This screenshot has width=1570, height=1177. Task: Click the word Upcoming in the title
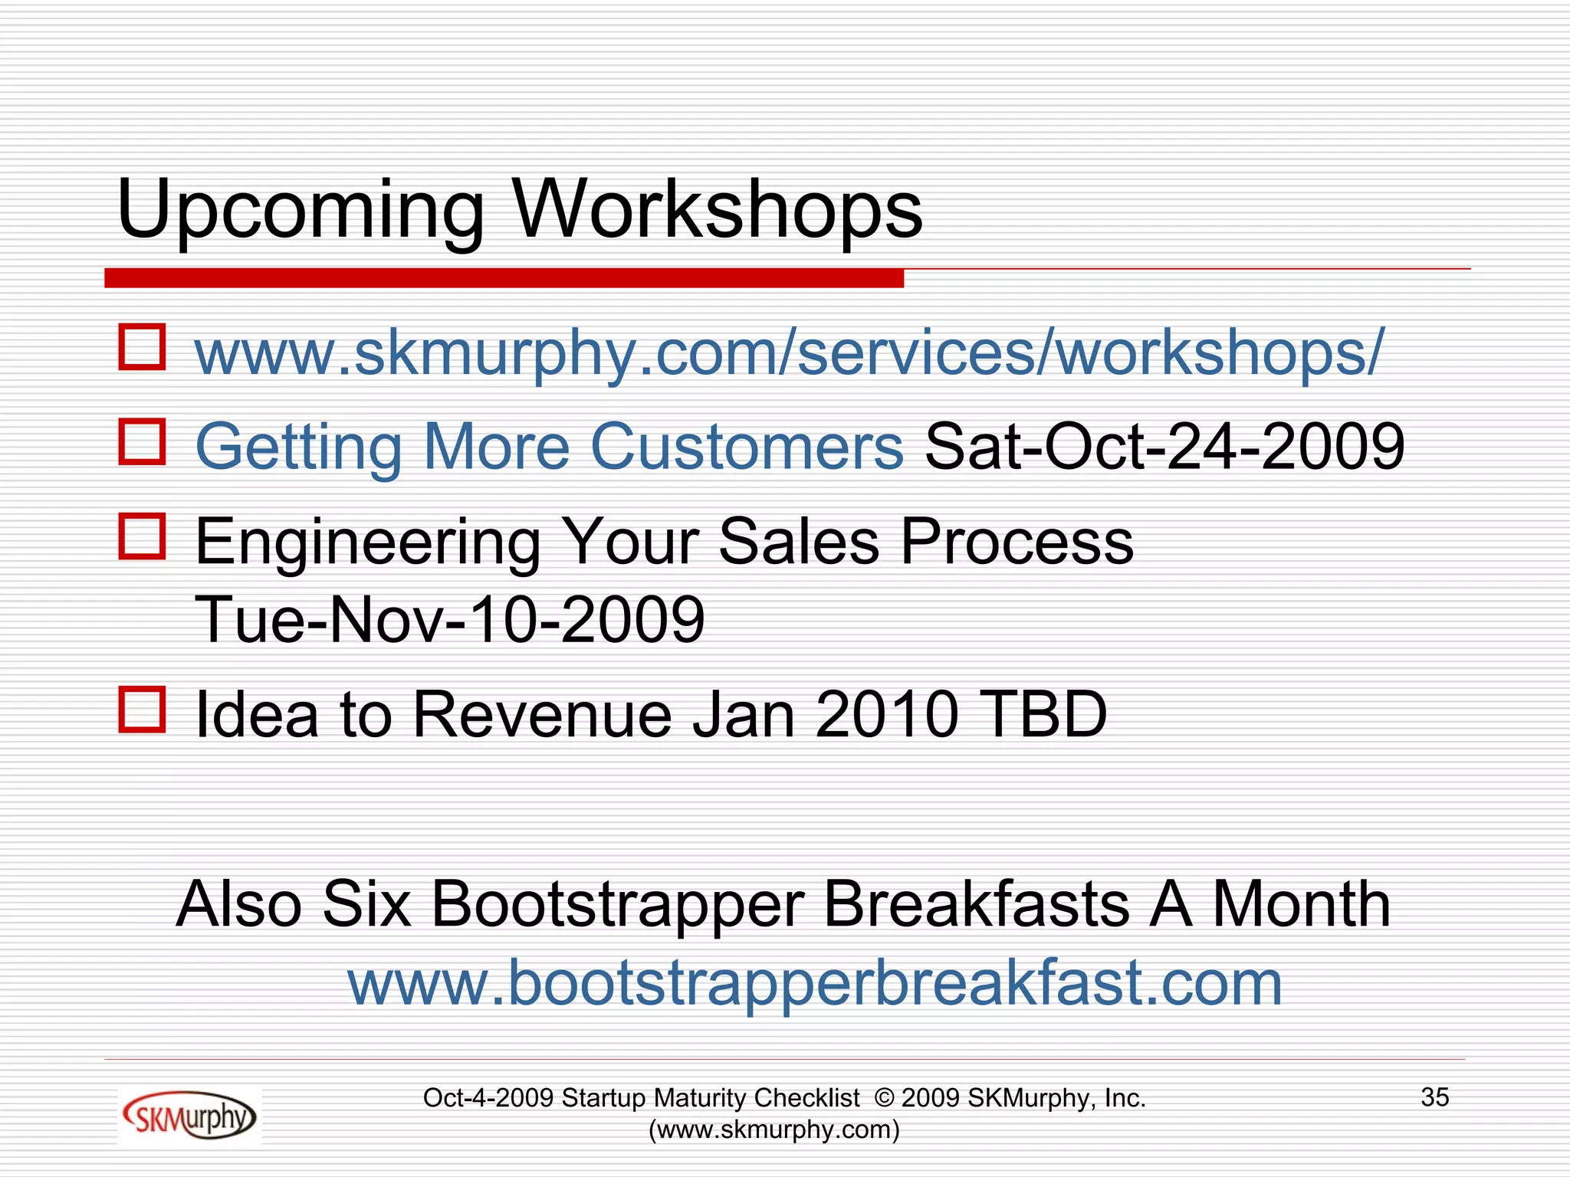point(301,210)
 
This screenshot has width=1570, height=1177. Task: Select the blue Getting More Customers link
point(549,447)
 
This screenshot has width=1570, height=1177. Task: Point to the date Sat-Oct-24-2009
point(1164,447)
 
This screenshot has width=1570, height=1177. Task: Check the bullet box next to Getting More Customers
point(143,441)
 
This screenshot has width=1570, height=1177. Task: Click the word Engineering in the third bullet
point(368,543)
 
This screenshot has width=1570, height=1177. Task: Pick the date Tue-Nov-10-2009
point(450,619)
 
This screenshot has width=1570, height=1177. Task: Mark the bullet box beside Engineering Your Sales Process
point(143,536)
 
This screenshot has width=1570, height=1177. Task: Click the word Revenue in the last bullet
point(542,714)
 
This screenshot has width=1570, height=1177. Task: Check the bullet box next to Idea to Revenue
point(143,709)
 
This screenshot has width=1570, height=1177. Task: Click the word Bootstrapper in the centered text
point(617,905)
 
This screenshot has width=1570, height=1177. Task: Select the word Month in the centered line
point(1301,905)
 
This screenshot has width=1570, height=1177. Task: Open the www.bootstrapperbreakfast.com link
point(815,983)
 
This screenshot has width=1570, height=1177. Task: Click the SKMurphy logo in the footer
point(189,1116)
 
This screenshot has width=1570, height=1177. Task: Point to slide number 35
point(1434,1097)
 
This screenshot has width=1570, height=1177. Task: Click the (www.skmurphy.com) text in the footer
point(774,1129)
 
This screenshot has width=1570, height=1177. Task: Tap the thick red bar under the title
point(504,278)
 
